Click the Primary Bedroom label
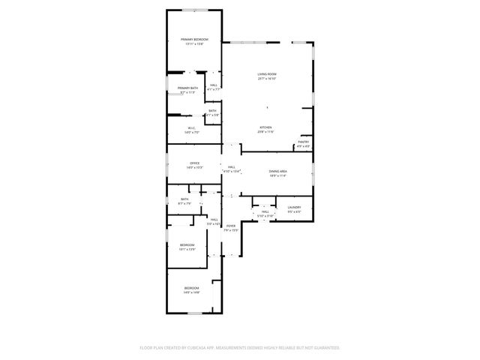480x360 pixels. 194,39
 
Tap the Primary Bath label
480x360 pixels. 187,88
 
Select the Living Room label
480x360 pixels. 267,73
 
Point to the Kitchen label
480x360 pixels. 265,127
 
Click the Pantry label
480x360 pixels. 304,141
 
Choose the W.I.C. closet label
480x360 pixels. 192,128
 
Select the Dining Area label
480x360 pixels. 278,171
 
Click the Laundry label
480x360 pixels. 294,207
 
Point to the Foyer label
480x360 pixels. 230,226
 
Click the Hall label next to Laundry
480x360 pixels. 265,212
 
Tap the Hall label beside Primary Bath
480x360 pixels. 214,85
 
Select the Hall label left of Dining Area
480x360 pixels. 232,166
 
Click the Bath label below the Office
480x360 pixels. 184,199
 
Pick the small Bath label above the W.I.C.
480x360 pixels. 212,110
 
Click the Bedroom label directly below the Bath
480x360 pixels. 187,245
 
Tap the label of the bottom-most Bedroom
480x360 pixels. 192,289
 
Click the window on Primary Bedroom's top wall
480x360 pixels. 193,10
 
